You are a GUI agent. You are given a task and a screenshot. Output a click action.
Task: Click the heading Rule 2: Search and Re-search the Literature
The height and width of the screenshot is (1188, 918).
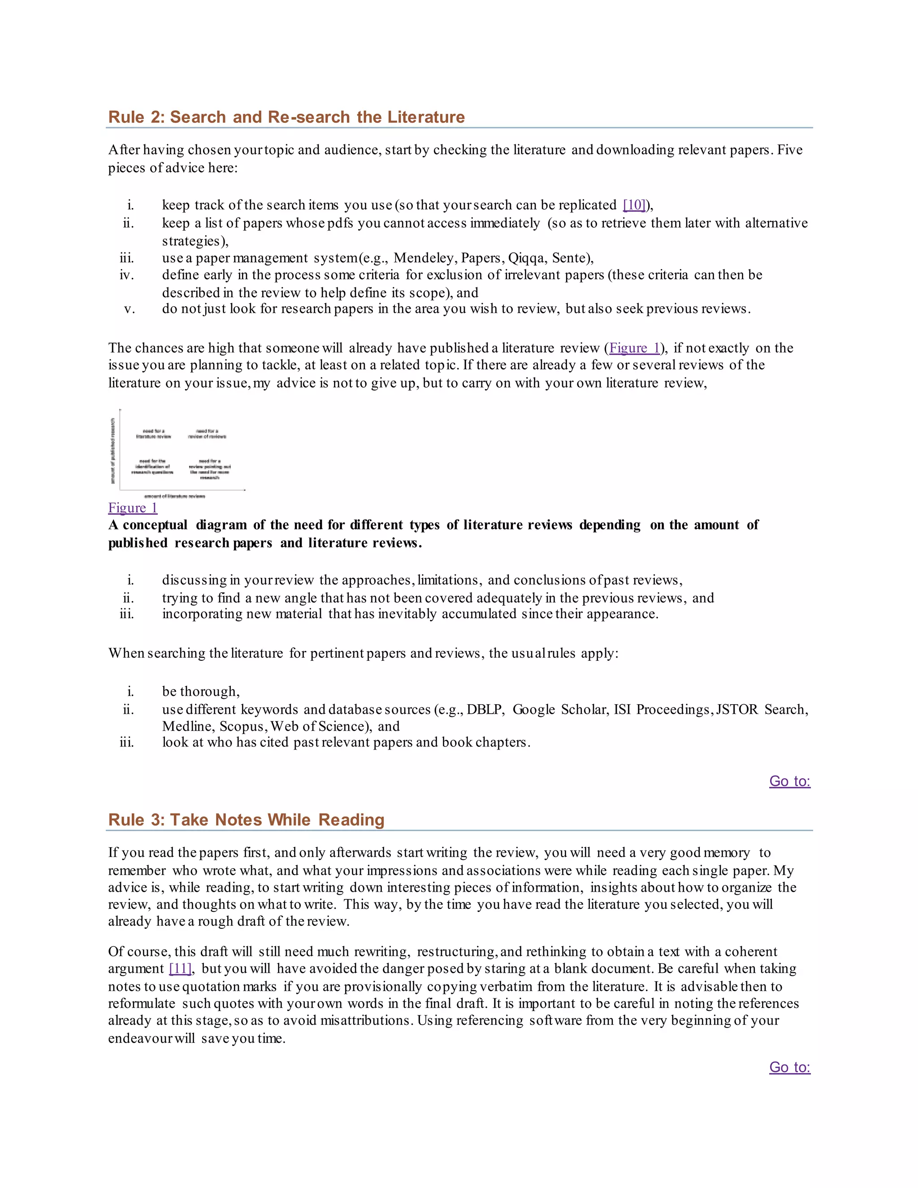(x=286, y=117)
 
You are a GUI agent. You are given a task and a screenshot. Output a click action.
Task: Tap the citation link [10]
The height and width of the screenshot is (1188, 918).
(x=634, y=205)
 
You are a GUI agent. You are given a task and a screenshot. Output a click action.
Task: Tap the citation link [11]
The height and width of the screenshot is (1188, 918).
(x=181, y=969)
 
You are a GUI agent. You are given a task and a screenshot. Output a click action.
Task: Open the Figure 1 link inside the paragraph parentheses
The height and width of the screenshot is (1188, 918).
(x=635, y=348)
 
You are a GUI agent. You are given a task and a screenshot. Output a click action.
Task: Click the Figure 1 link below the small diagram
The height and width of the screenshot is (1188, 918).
(x=133, y=508)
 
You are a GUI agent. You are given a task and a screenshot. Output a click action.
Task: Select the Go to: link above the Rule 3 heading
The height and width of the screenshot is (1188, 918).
(x=789, y=781)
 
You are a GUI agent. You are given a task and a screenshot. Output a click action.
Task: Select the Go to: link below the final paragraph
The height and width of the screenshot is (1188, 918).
(x=789, y=1067)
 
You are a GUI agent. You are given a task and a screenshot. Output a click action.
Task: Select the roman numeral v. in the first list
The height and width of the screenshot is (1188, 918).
(x=130, y=309)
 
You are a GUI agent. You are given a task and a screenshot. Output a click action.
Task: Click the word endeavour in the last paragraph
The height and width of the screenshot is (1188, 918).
(x=139, y=1039)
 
